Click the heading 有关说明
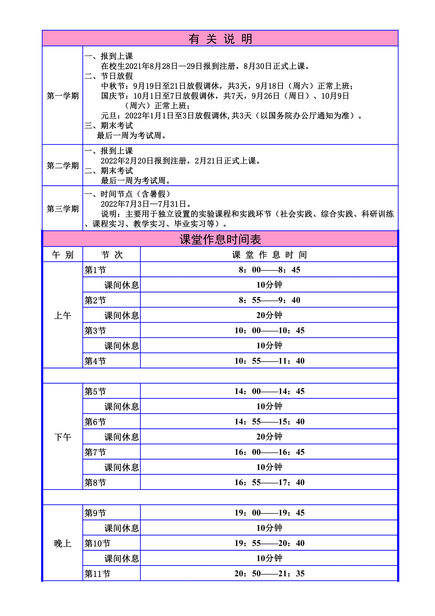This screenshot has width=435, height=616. point(220,39)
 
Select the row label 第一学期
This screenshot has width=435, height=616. point(63,96)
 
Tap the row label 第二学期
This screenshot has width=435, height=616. point(63,166)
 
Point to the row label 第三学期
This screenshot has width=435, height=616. point(63,209)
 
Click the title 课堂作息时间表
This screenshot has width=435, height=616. point(220,239)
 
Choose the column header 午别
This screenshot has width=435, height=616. point(63,255)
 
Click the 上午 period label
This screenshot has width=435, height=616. point(63,315)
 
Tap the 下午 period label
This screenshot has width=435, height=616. point(63,437)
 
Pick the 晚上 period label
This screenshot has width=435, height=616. point(63,543)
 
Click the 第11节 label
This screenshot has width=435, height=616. point(97,574)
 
